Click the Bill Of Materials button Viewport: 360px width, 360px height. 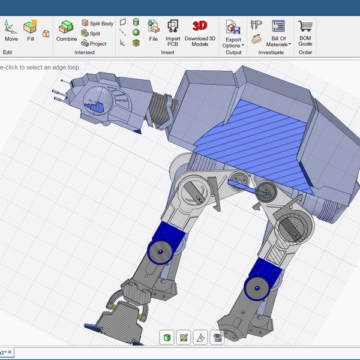click(278, 33)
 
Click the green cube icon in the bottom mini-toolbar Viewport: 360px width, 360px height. click(166, 338)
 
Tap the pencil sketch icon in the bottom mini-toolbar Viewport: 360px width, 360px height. click(184, 338)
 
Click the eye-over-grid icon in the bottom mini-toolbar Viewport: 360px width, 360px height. click(217, 338)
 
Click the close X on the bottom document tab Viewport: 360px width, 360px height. click(10, 353)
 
